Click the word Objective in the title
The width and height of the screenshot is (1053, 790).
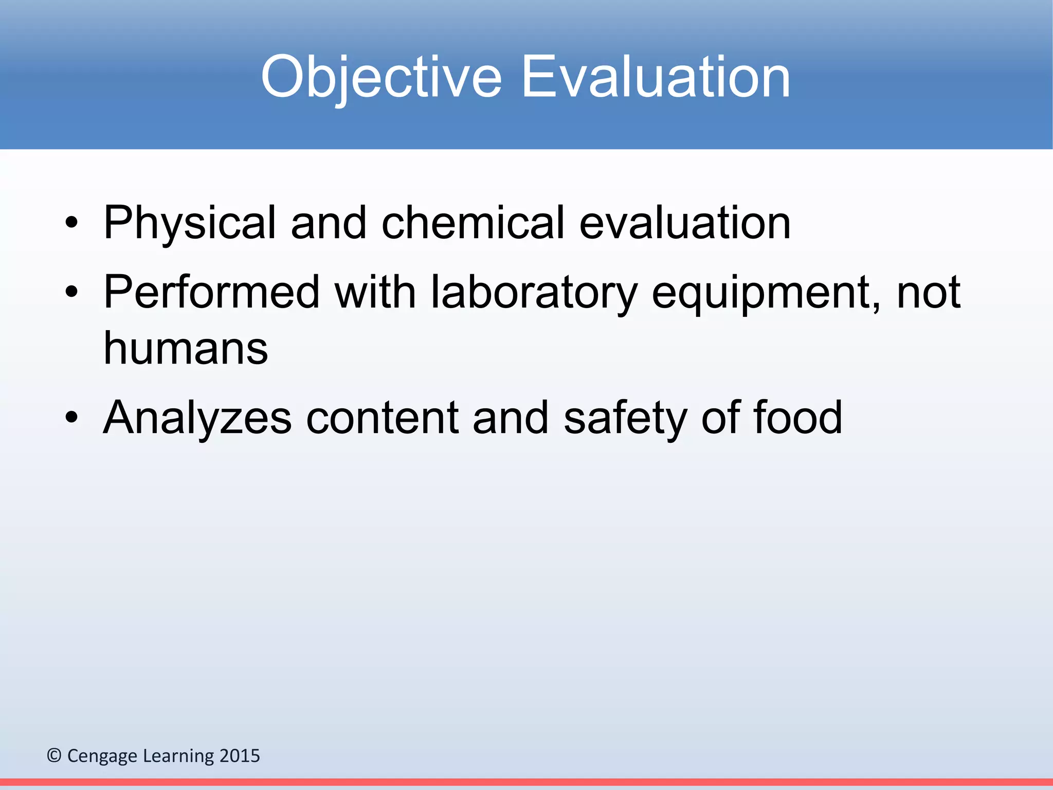[381, 77]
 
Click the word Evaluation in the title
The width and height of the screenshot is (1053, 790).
[656, 77]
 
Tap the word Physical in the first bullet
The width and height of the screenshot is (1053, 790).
[190, 223]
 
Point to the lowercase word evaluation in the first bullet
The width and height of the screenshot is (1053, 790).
[685, 223]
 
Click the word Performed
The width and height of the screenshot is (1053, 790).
[211, 292]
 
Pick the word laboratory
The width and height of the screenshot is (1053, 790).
[534, 292]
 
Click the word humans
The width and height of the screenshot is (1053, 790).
[186, 349]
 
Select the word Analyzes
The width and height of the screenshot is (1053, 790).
[197, 418]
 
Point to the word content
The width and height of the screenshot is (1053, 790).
[382, 418]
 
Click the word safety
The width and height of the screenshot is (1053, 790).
[625, 418]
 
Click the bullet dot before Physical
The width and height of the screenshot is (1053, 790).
[71, 223]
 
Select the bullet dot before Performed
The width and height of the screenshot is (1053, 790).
[71, 292]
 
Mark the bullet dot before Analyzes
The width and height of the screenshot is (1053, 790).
[71, 418]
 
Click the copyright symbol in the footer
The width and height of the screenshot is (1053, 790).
[54, 756]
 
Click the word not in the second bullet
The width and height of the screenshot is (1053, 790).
[929, 292]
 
